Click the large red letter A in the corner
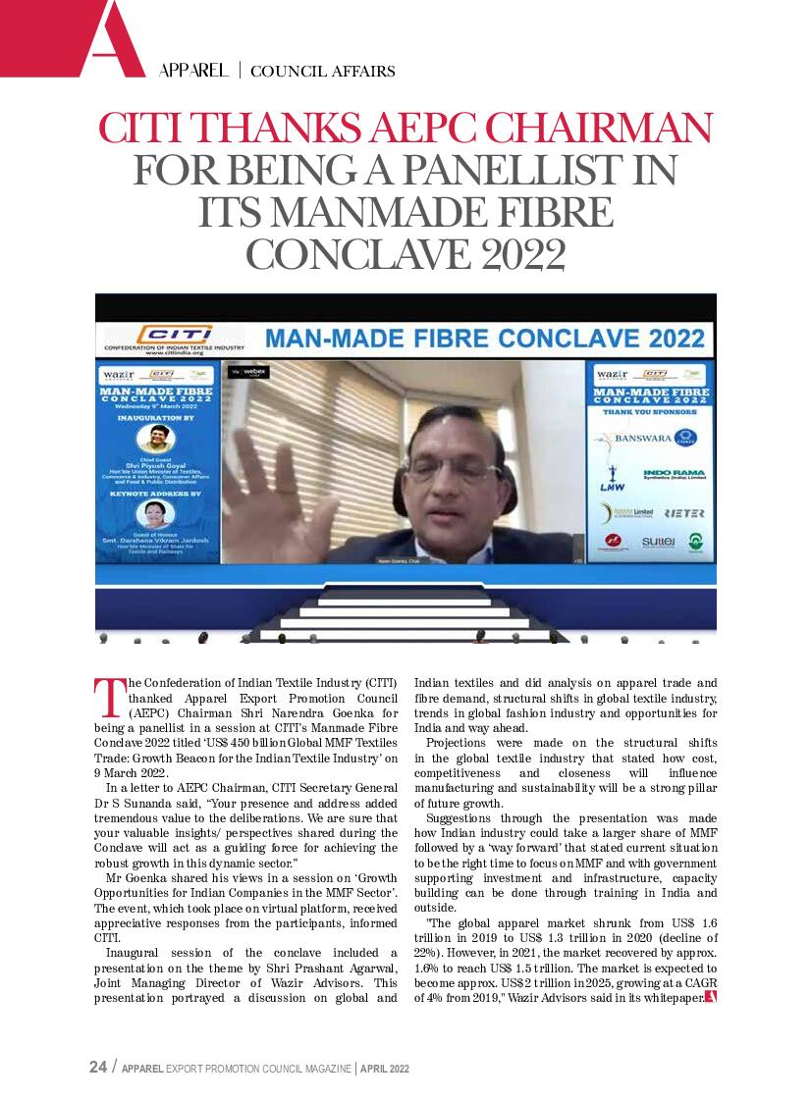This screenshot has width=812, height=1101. pyautogui.click(x=111, y=39)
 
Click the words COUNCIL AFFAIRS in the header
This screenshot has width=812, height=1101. pyautogui.click(x=323, y=71)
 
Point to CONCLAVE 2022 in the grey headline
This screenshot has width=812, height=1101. pyautogui.click(x=406, y=254)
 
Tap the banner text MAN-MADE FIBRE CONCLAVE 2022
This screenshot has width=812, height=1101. pyautogui.click(x=485, y=340)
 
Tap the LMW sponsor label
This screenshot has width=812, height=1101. pyautogui.click(x=612, y=486)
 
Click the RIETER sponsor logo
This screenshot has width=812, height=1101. pyautogui.click(x=683, y=513)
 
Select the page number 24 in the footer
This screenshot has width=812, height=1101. pyautogui.click(x=97, y=1068)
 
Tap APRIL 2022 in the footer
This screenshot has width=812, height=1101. pyautogui.click(x=385, y=1069)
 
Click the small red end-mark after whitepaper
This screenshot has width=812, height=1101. pyautogui.click(x=710, y=998)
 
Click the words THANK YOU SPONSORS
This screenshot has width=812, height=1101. pyautogui.click(x=650, y=412)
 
